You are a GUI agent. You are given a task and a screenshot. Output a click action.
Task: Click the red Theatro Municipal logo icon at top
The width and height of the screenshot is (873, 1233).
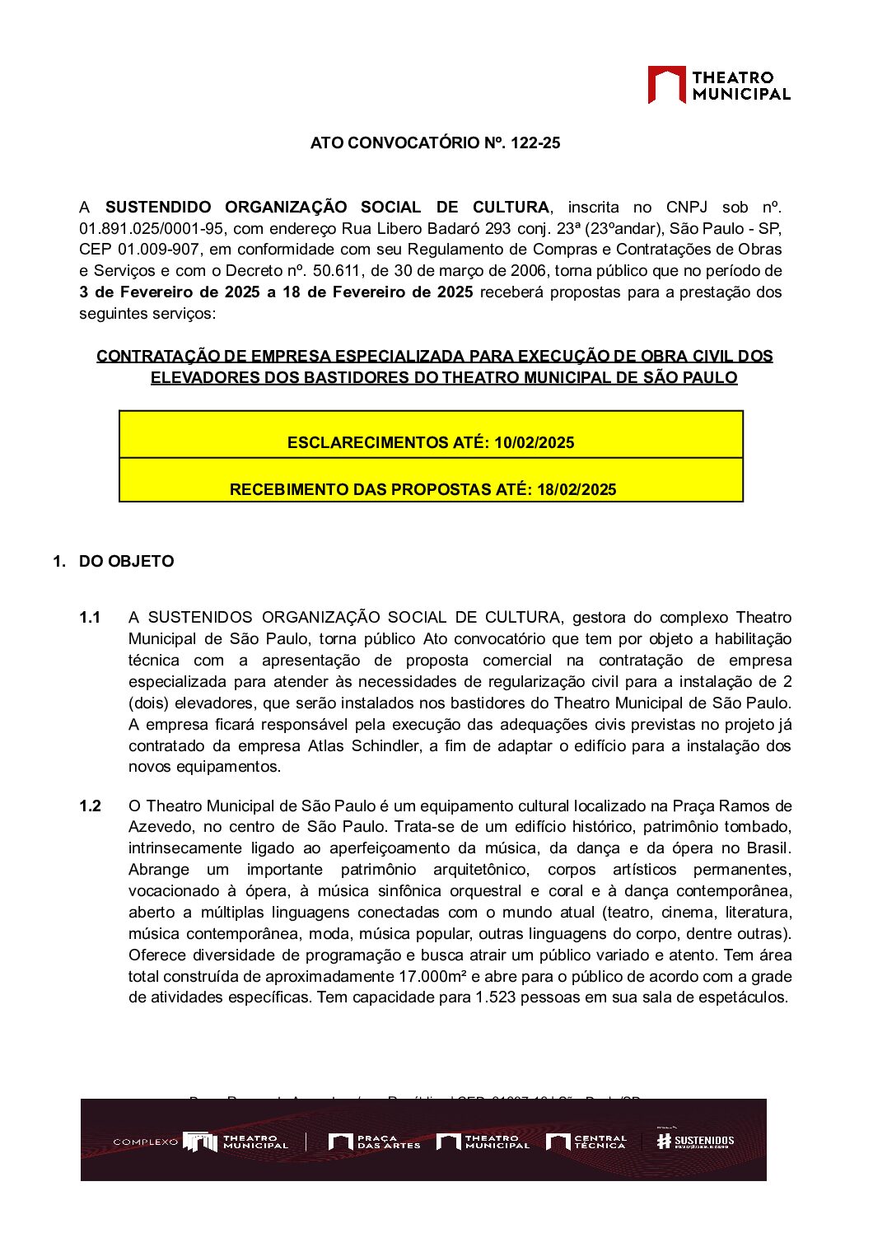(x=666, y=84)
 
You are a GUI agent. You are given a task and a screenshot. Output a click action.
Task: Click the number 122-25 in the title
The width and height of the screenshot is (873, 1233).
(x=535, y=143)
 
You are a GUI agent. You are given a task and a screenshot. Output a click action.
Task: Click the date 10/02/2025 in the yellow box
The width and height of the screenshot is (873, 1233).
(x=534, y=442)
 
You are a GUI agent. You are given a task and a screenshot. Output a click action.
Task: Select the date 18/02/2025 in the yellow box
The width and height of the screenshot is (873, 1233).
(x=577, y=489)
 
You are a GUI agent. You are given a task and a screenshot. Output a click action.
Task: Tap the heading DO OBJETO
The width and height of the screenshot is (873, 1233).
(x=126, y=562)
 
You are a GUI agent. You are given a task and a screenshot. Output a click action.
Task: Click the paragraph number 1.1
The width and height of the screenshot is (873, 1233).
(x=90, y=618)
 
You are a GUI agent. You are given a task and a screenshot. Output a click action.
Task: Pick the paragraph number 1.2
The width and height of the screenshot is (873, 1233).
(x=90, y=806)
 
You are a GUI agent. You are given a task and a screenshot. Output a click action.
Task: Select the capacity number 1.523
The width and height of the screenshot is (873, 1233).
(x=494, y=997)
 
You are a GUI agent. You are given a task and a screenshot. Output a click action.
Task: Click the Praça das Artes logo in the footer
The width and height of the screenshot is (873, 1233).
(x=374, y=1142)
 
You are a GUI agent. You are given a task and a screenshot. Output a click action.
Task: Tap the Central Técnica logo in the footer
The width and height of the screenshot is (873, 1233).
(x=586, y=1142)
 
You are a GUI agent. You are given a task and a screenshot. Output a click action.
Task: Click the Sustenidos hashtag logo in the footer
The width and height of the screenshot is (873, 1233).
(x=695, y=1141)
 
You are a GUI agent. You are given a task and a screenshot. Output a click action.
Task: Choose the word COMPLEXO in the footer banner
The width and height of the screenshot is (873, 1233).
(x=145, y=1142)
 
